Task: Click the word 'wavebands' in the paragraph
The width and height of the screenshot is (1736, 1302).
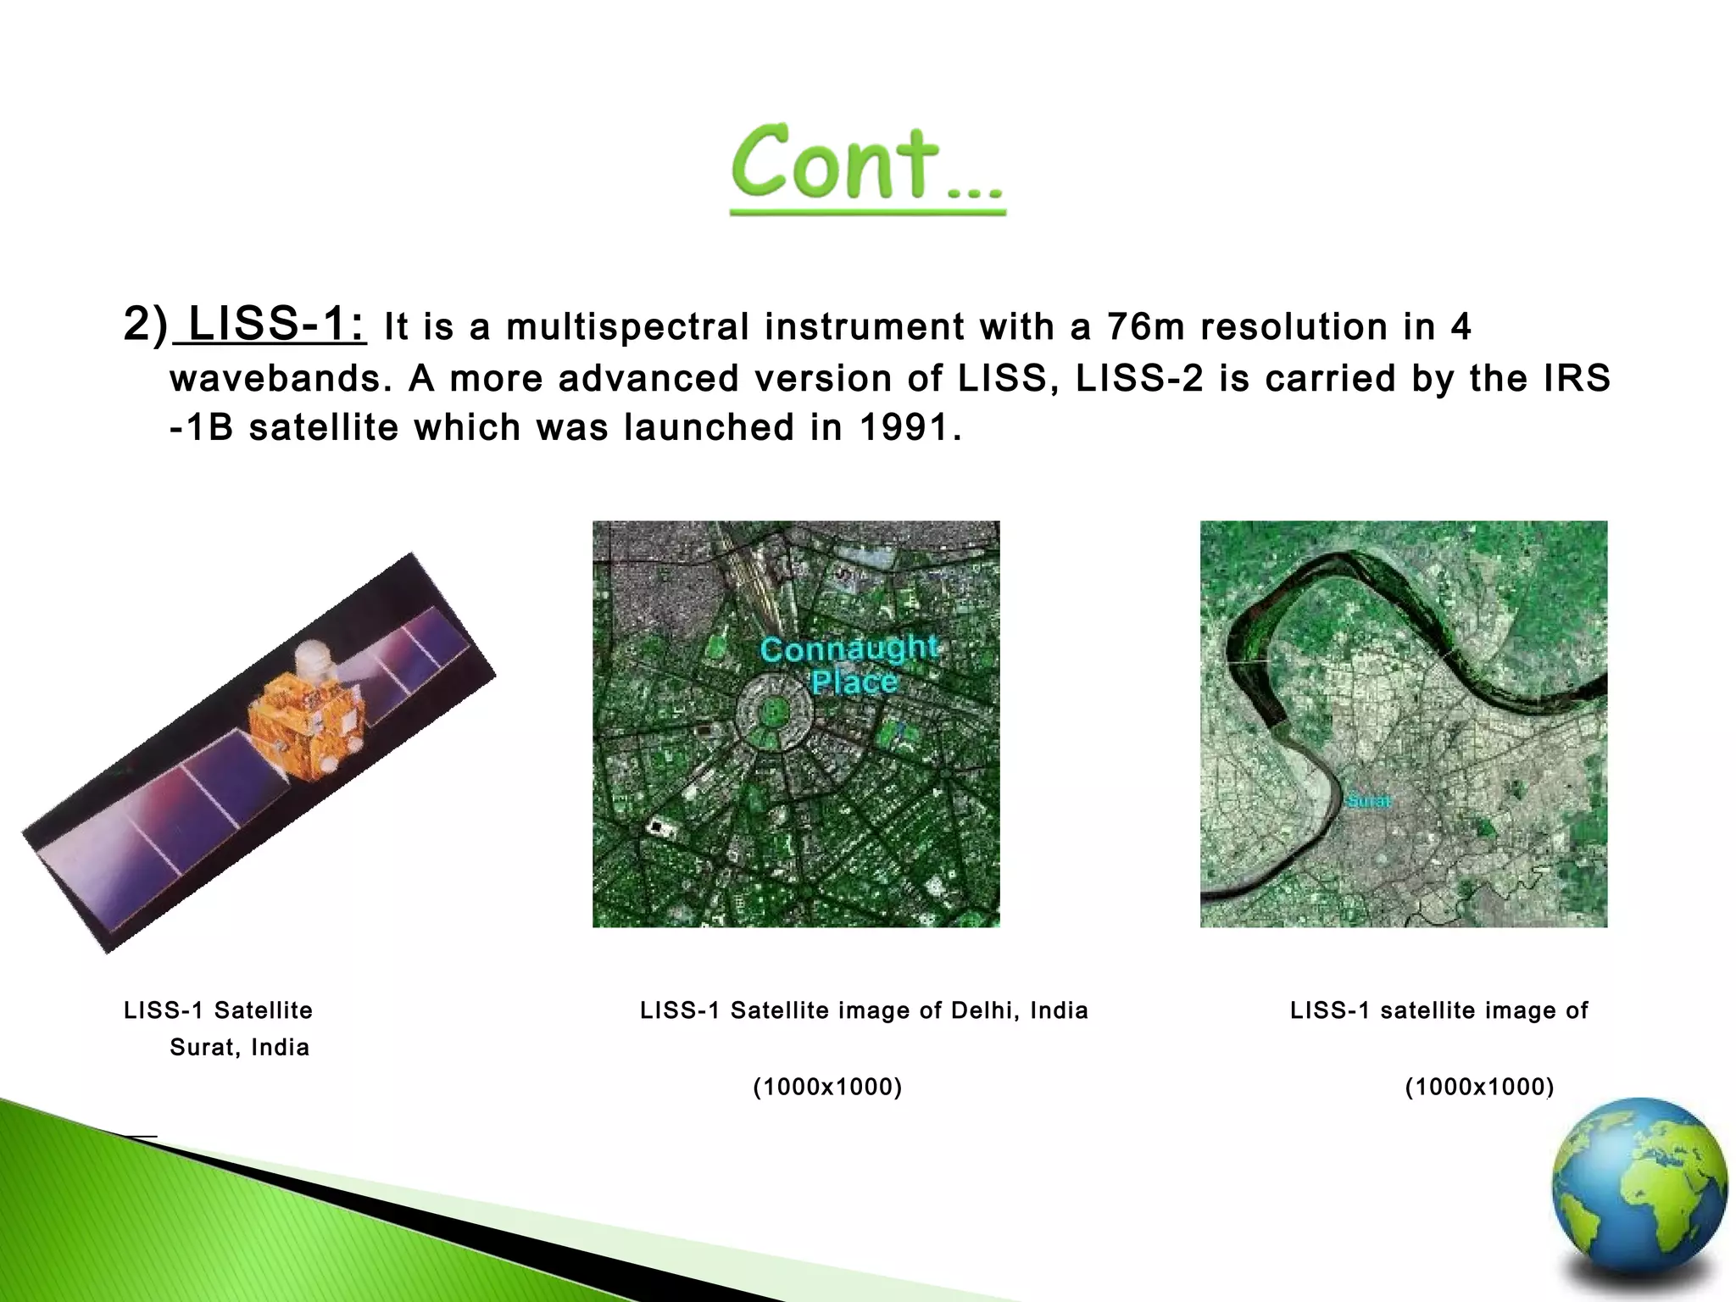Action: pyautogui.click(x=275, y=379)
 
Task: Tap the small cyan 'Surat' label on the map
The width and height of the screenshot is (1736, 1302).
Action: pyautogui.click(x=1367, y=801)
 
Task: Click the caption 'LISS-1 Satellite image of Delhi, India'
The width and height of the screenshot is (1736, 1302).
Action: pyautogui.click(x=863, y=1010)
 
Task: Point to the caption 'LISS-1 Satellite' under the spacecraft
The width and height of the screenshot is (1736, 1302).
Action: pyautogui.click(x=218, y=1010)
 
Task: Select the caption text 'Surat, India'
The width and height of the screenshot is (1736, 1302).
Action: pyautogui.click(x=239, y=1048)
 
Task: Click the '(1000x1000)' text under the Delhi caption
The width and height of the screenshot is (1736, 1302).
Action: pyautogui.click(x=827, y=1087)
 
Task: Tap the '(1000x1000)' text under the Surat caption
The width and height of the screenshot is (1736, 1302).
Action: pyautogui.click(x=1479, y=1087)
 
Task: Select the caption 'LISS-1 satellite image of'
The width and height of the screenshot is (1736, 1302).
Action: pyautogui.click(x=1438, y=1010)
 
